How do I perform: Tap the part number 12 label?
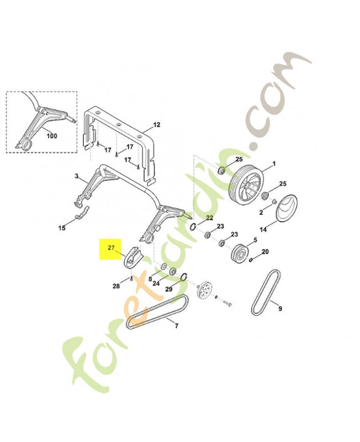point(156,125)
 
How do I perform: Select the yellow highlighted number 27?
point(111,248)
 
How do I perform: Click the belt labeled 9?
point(266,292)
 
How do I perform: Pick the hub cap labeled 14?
point(287,208)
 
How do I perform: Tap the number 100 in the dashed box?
point(51,136)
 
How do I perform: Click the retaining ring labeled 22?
point(193,227)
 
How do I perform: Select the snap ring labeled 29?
point(184,277)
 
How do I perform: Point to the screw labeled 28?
point(131,279)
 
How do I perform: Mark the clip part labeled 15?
point(82,212)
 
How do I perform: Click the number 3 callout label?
point(77,176)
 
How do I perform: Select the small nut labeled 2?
point(273,202)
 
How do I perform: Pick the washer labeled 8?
point(163,266)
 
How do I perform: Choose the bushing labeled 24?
point(172,271)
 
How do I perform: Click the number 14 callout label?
point(263,230)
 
